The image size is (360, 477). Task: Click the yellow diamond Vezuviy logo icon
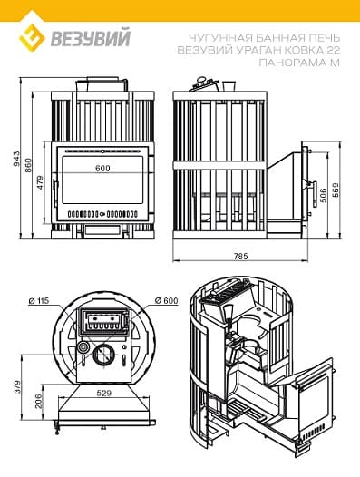click(x=33, y=37)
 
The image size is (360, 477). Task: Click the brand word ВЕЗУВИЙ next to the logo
click(x=91, y=37)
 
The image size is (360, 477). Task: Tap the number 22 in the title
click(x=333, y=49)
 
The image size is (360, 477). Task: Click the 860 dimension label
click(x=28, y=165)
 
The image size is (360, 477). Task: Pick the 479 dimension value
click(x=40, y=182)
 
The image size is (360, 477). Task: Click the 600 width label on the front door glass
click(x=102, y=168)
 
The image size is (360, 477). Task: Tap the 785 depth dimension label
click(x=241, y=256)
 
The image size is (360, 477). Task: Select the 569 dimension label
click(x=335, y=190)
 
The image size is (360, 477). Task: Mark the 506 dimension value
click(x=323, y=195)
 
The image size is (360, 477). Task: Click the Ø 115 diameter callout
click(x=39, y=300)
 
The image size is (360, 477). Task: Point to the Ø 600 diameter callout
click(x=166, y=300)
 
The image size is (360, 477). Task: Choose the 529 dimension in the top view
click(x=104, y=393)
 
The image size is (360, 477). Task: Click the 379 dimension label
click(x=17, y=387)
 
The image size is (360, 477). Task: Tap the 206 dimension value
click(x=39, y=401)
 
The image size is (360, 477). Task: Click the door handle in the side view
click(x=314, y=193)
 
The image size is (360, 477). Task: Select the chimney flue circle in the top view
click(x=104, y=355)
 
